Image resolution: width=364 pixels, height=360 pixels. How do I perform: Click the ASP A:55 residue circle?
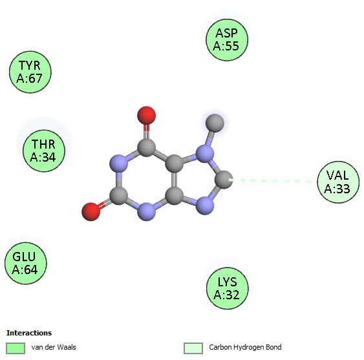[x=227, y=39]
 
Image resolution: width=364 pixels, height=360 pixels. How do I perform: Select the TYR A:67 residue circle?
[x=30, y=72]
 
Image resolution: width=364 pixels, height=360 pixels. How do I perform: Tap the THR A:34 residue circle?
[x=44, y=151]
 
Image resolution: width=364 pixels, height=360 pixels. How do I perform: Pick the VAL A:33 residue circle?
[x=338, y=182]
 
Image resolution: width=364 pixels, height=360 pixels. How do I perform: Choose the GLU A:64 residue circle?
[x=25, y=263]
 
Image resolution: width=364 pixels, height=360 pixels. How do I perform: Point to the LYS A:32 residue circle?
[x=228, y=288]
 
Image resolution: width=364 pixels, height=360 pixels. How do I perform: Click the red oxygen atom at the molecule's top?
[x=147, y=115]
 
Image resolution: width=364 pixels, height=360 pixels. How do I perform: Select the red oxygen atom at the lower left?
[x=91, y=212]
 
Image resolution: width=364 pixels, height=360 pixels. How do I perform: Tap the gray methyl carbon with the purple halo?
[x=215, y=123]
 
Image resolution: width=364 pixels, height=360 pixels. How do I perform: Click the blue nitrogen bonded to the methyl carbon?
[x=205, y=153]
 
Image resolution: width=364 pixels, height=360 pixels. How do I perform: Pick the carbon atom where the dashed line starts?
[x=224, y=180]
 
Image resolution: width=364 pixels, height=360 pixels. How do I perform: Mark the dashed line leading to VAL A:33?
[x=270, y=180]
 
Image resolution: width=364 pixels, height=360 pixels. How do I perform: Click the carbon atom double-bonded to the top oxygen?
[x=147, y=147]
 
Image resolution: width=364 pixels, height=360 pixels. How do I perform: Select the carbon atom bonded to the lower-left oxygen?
[x=118, y=196]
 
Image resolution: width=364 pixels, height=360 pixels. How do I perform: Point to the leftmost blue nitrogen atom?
[x=118, y=164]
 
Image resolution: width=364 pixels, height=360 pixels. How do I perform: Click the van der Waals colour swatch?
[x=16, y=348]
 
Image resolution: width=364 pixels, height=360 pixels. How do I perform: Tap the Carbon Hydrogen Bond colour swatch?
[x=193, y=348]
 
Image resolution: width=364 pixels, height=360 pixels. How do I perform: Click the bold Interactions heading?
[x=29, y=333]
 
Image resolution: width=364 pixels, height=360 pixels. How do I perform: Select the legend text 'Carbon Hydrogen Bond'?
[x=245, y=347]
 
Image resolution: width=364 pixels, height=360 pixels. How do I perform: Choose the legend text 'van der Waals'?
[x=54, y=347]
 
